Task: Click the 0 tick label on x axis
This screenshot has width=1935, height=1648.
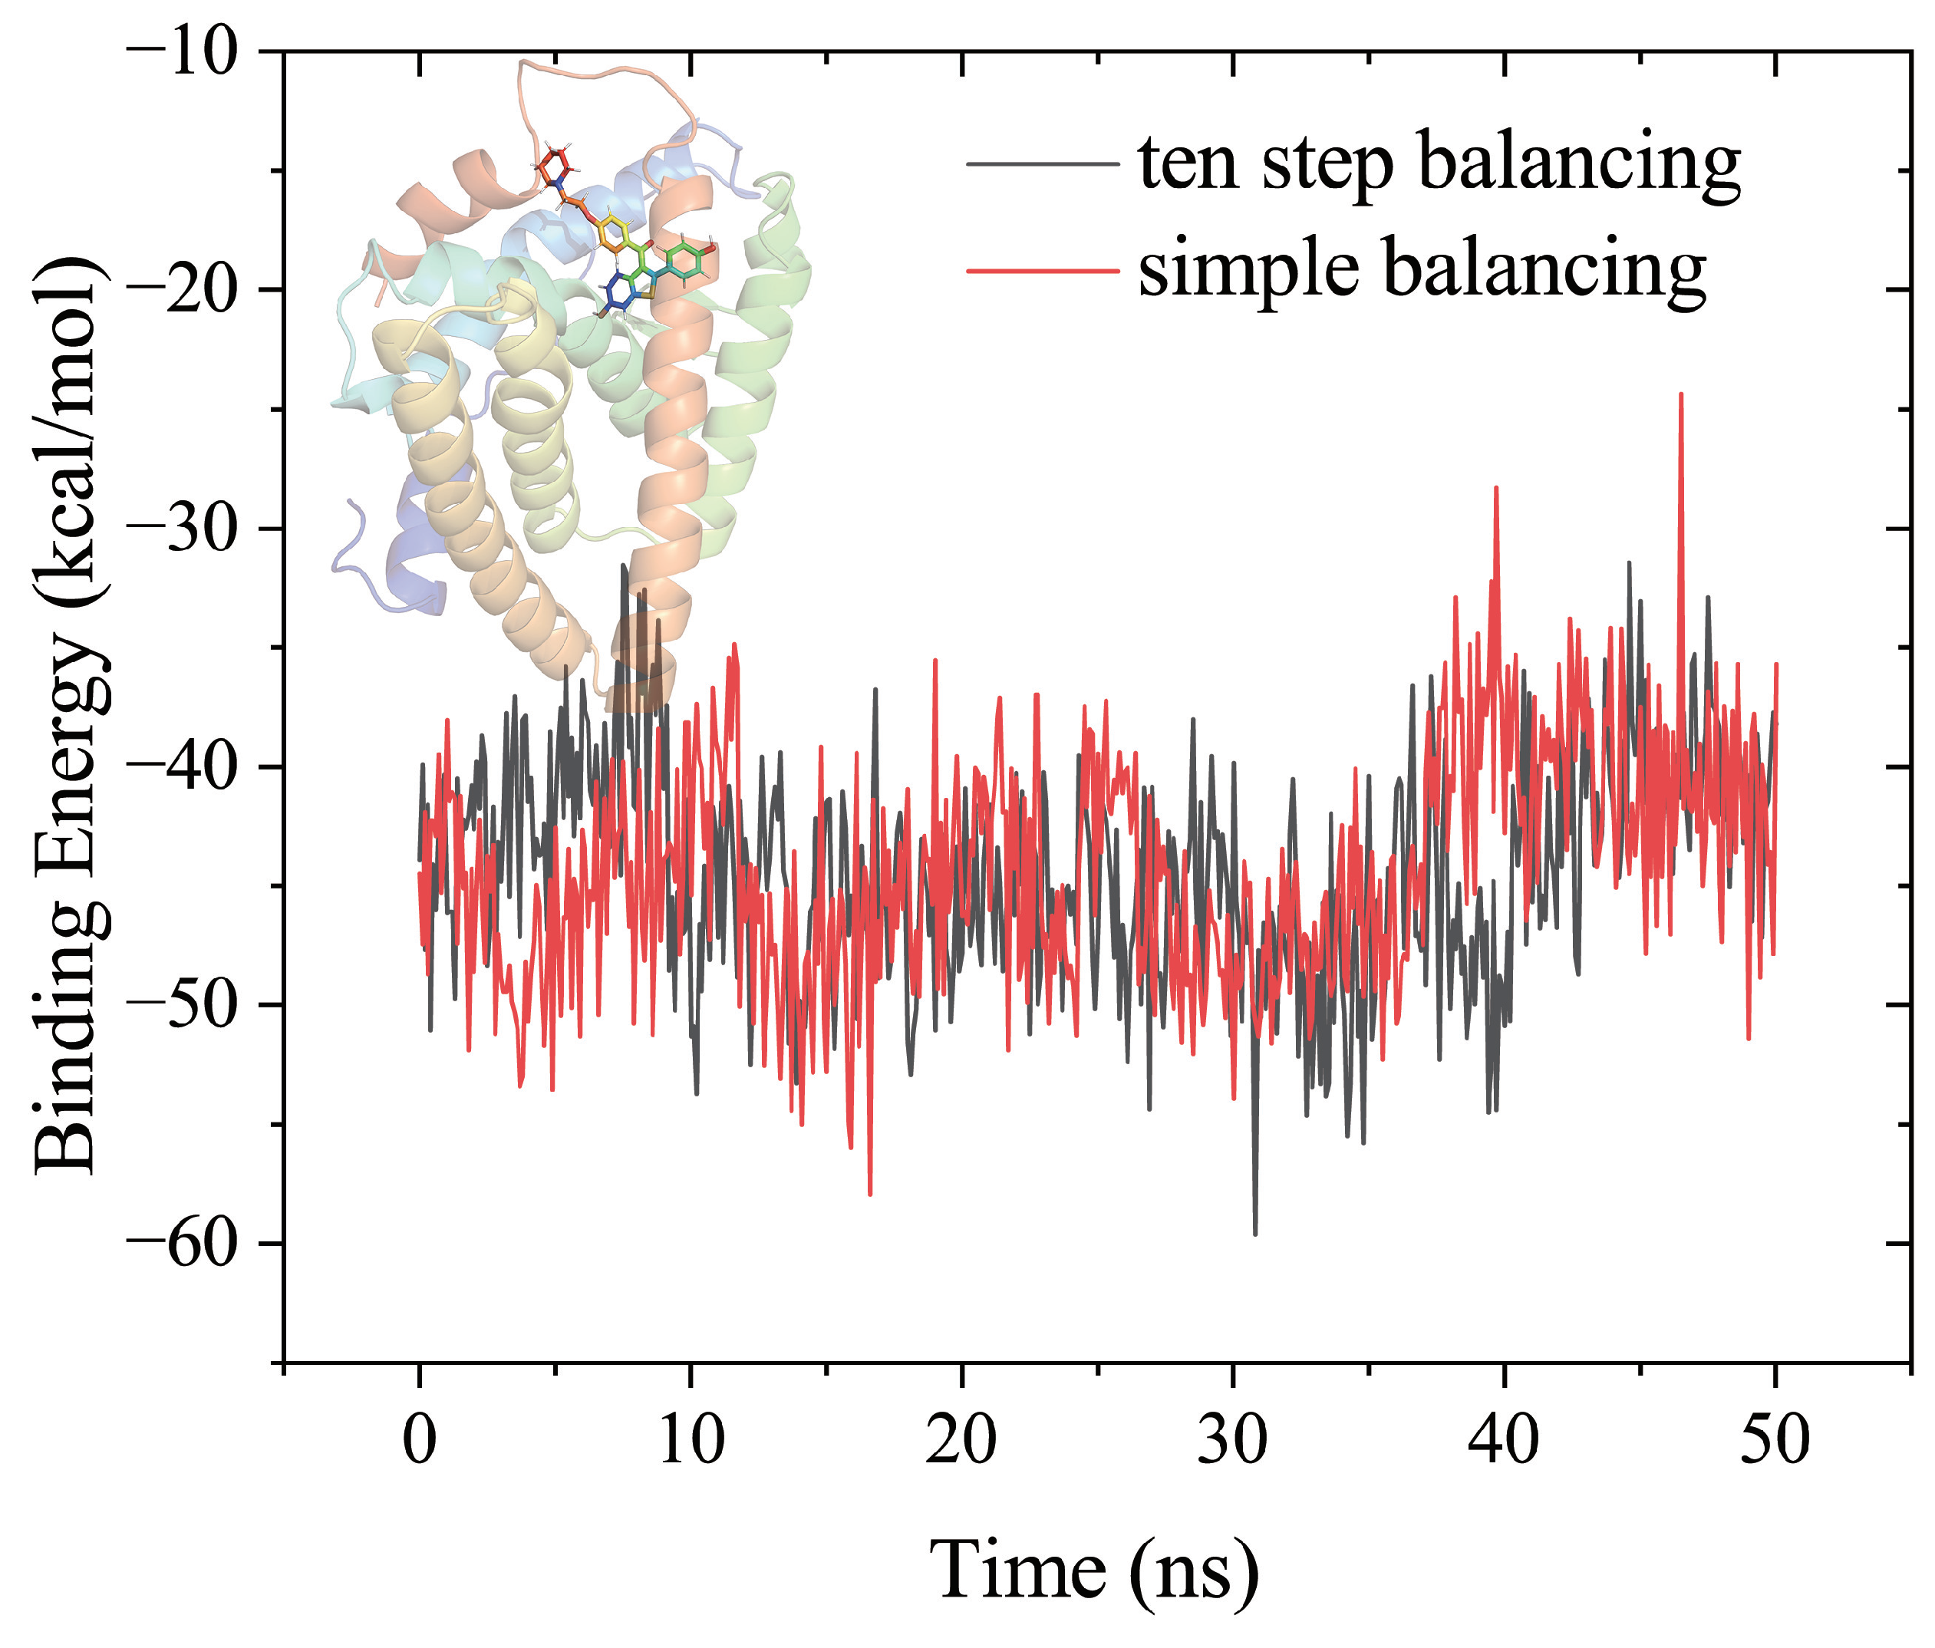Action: [420, 1440]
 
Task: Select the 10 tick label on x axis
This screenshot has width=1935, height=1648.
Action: [691, 1440]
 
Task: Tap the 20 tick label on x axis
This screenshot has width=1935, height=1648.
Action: [962, 1440]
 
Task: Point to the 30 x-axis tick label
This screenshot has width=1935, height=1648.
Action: [1233, 1440]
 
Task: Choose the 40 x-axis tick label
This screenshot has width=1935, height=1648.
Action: [1504, 1440]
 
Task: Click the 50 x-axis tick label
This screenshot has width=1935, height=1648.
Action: [1775, 1440]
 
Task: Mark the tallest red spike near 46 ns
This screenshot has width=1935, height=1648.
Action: [1681, 395]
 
